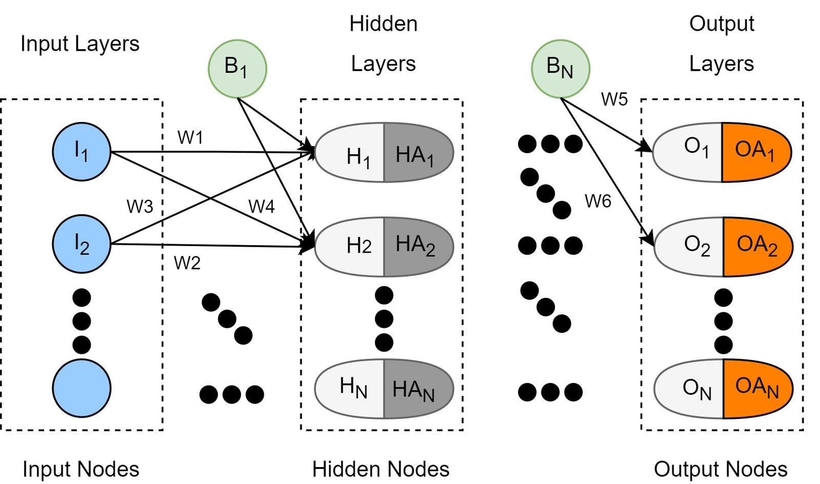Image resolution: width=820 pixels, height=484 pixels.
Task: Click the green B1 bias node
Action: pos(237,68)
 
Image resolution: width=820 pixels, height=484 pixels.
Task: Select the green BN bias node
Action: pos(560,68)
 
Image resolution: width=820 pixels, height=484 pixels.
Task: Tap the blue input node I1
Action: pos(82,152)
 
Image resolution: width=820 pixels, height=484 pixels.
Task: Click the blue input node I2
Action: pos(82,244)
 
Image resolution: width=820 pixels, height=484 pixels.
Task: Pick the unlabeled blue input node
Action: pos(82,388)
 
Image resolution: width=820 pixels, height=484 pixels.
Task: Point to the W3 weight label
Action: pos(139,207)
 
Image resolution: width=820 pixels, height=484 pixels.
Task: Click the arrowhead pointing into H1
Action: pos(310,152)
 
